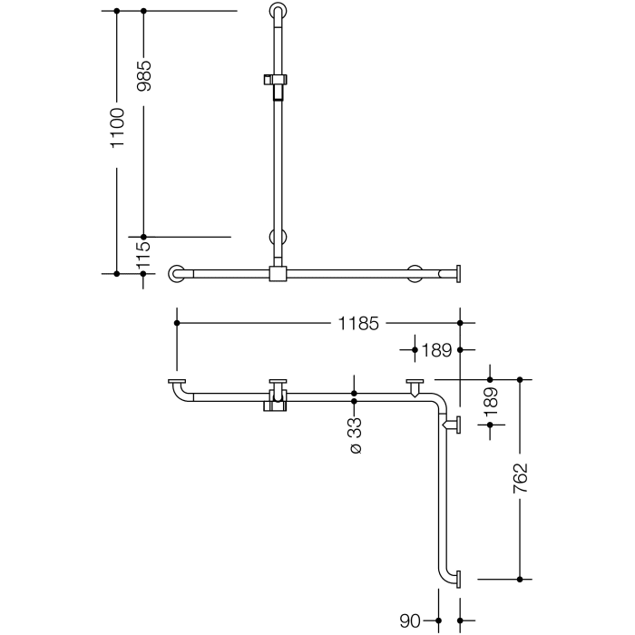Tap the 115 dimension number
[143, 256]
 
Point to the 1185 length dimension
[358, 322]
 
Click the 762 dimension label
[520, 478]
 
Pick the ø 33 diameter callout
[355, 435]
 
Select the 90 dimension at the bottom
[411, 621]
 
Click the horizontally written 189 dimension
[438, 349]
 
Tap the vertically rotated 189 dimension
[491, 401]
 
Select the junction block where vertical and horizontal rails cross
[278, 273]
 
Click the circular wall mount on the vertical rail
[278, 238]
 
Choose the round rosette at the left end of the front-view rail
[177, 273]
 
